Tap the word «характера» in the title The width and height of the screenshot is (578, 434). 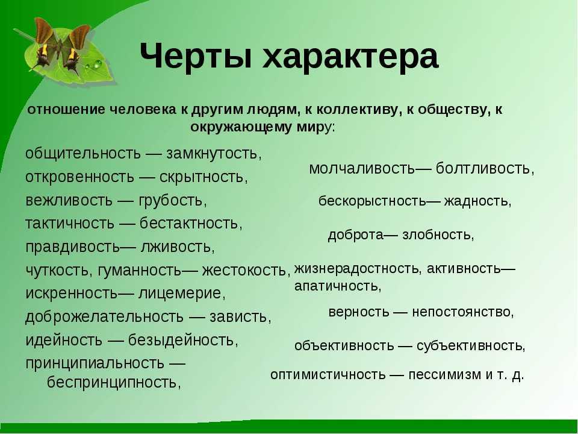[350, 57]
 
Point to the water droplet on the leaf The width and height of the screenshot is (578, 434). [98, 64]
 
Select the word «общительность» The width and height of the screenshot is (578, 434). [83, 153]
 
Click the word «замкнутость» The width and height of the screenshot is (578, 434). [214, 153]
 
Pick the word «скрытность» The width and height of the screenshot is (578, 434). [204, 177]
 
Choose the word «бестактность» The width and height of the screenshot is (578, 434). [191, 223]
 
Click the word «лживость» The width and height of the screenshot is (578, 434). [177, 247]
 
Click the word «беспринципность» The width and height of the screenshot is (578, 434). [114, 382]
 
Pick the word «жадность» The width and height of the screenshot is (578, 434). [477, 201]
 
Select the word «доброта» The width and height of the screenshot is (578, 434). [356, 235]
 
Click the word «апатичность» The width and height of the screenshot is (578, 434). [338, 286]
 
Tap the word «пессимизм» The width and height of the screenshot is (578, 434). [444, 374]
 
